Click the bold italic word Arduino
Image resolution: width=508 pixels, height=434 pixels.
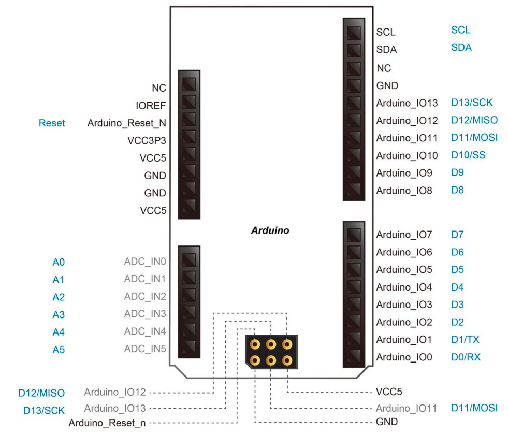[270, 230]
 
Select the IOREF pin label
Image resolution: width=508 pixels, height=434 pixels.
[150, 106]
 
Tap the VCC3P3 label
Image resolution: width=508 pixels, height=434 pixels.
[147, 140]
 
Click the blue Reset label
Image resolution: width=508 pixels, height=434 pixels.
[52, 123]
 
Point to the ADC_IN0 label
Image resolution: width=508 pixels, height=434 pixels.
[144, 261]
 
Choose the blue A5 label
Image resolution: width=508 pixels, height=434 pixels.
[59, 350]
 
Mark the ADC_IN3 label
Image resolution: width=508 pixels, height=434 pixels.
[144, 314]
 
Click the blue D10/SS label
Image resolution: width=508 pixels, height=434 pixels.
[468, 155]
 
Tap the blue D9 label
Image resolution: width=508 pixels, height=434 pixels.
[457, 172]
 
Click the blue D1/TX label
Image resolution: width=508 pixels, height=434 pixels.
[465, 340]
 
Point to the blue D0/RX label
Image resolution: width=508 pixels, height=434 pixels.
[466, 357]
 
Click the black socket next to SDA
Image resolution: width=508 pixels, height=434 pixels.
[354, 50]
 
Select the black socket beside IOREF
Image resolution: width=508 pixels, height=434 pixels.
[189, 102]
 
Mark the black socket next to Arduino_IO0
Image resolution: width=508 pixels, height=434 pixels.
[354, 356]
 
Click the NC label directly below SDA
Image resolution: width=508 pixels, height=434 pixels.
[384, 68]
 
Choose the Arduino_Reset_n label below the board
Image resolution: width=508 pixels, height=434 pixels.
[107, 423]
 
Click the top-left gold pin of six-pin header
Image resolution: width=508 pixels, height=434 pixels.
[255, 344]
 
